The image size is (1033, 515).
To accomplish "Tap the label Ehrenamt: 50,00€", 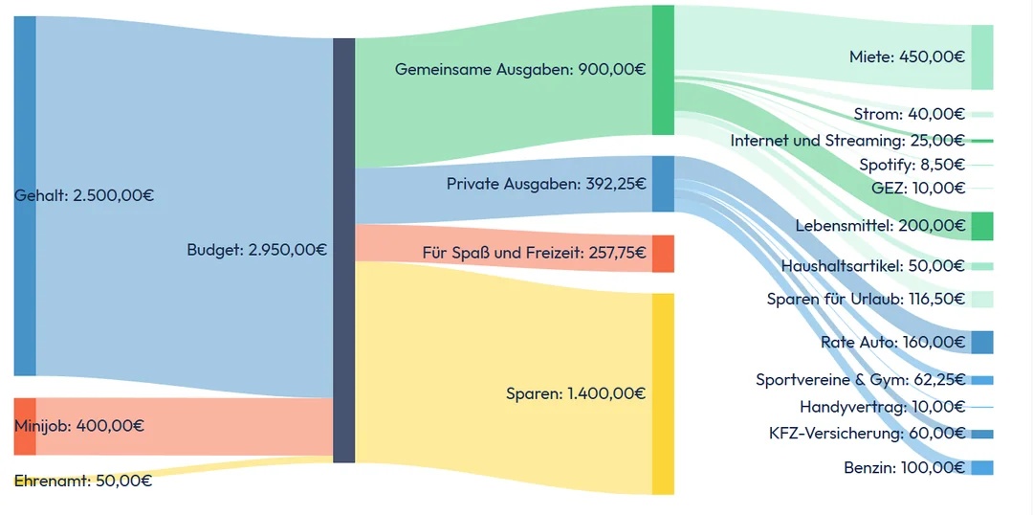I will click(x=83, y=481).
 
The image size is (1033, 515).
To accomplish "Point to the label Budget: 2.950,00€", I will click(x=256, y=250).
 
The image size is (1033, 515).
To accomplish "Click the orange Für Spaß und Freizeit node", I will click(x=663, y=254).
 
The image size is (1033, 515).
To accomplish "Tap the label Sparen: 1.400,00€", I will click(x=576, y=393).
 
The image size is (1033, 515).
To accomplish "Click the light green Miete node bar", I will click(x=981, y=57).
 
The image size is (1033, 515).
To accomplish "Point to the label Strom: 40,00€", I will click(x=910, y=114).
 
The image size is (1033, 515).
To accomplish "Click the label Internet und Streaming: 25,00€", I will click(x=847, y=141).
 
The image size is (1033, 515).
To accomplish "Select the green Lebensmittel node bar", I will click(x=981, y=227).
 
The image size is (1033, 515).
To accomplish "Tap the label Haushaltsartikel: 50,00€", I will click(x=872, y=265).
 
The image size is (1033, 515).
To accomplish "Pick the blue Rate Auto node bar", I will click(x=981, y=343).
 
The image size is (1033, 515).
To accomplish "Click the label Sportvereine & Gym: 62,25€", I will click(x=860, y=380).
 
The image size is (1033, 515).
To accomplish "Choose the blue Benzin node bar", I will click(x=981, y=468).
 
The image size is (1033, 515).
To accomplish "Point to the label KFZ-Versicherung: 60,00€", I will click(x=867, y=434).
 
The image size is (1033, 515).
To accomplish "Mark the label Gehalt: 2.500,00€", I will click(x=84, y=195).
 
